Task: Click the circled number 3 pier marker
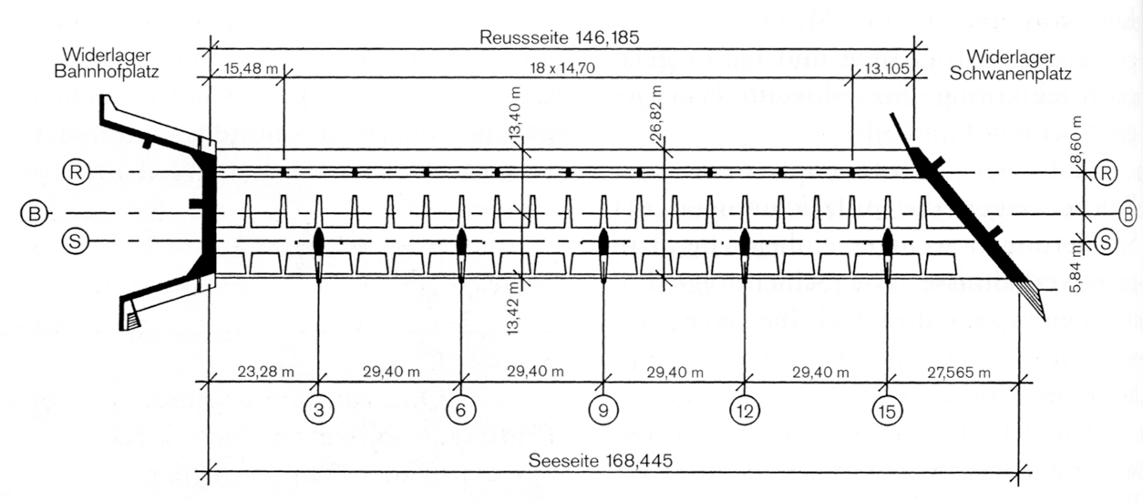[318, 410]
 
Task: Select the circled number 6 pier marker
[461, 410]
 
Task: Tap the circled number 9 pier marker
[603, 410]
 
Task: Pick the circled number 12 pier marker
[745, 410]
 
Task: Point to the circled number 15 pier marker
[888, 410]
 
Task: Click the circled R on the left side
[76, 172]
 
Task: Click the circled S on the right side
[1106, 241]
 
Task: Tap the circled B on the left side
[35, 213]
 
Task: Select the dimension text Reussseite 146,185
[560, 37]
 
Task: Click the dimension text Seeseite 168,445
[601, 461]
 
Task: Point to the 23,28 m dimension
[265, 372]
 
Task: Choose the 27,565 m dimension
[959, 373]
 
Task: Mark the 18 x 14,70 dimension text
[562, 67]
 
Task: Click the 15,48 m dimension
[250, 67]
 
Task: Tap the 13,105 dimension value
[887, 67]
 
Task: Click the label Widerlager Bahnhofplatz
[106, 63]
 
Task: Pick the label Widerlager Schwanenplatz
[1010, 65]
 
